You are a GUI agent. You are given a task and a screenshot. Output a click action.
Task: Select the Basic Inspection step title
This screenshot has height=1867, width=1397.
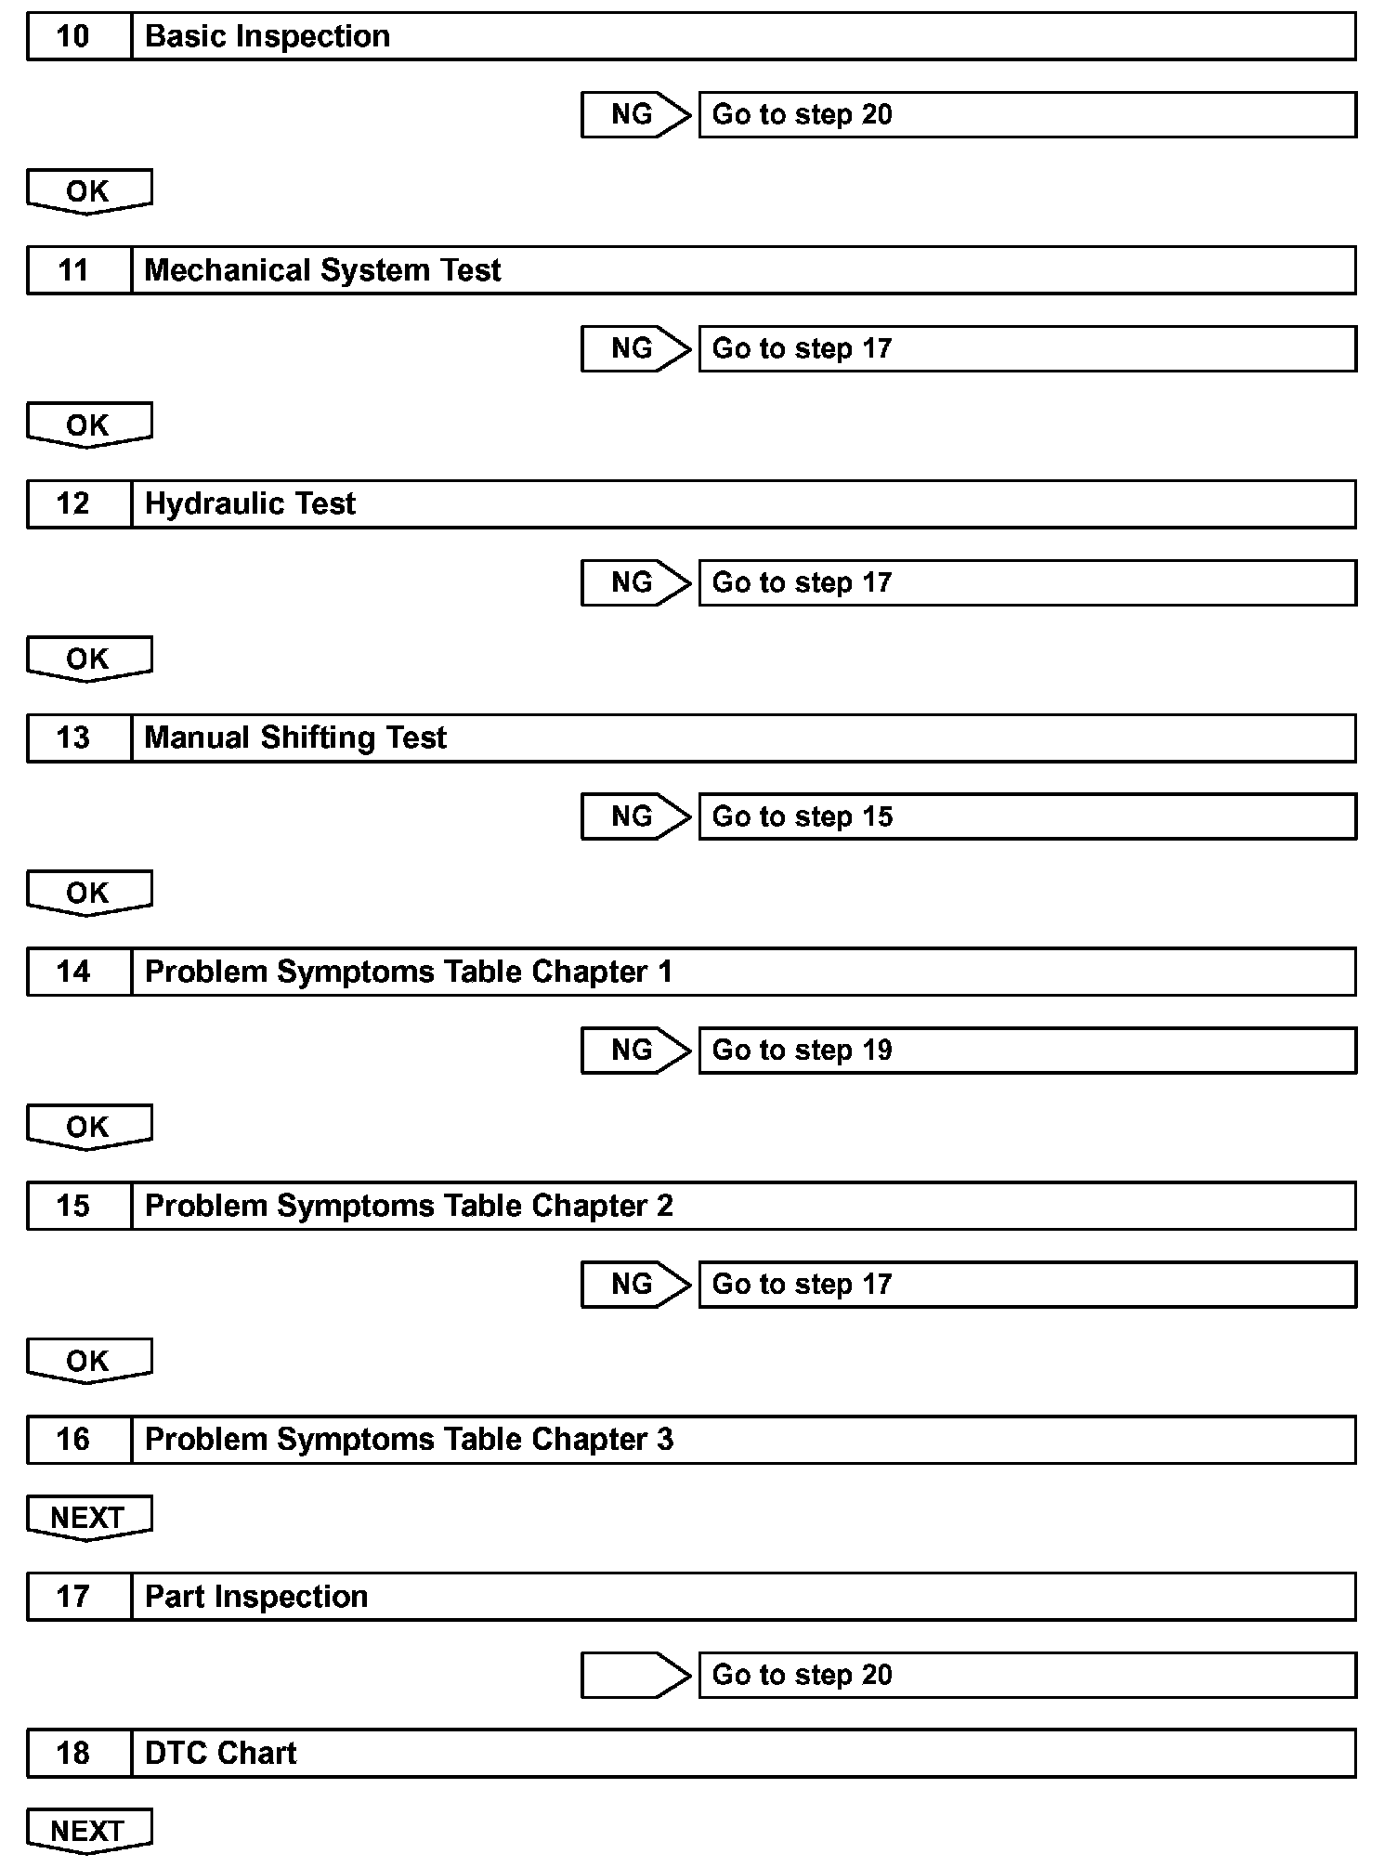click(268, 37)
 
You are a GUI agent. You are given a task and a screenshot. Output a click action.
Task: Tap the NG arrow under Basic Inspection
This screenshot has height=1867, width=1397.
click(635, 115)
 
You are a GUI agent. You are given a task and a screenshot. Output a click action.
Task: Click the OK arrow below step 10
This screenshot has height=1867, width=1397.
click(89, 192)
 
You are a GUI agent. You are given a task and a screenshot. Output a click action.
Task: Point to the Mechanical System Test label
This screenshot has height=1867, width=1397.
click(322, 270)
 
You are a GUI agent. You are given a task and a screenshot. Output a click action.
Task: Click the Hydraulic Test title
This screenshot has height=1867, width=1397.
click(250, 504)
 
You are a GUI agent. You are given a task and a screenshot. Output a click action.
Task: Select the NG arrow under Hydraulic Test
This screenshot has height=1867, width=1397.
click(635, 583)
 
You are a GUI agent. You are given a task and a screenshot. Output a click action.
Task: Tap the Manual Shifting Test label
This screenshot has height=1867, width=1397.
click(295, 738)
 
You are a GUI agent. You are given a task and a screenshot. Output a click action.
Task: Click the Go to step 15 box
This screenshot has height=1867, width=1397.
click(1026, 816)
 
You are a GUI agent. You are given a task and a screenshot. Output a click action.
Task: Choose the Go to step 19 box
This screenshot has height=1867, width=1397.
click(1026, 1051)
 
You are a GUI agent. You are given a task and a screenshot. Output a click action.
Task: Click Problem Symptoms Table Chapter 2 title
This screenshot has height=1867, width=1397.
click(409, 1206)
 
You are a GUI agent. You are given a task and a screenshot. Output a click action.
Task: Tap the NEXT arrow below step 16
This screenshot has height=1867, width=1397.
click(89, 1518)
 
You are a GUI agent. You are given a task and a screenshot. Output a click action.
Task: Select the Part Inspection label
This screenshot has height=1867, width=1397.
click(256, 1597)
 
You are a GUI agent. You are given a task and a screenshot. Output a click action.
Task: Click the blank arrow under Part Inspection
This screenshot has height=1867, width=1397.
click(635, 1675)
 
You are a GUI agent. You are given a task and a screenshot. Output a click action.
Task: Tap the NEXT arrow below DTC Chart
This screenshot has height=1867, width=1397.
click(89, 1831)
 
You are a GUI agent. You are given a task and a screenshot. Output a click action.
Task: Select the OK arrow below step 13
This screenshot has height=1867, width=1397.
click(89, 894)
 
